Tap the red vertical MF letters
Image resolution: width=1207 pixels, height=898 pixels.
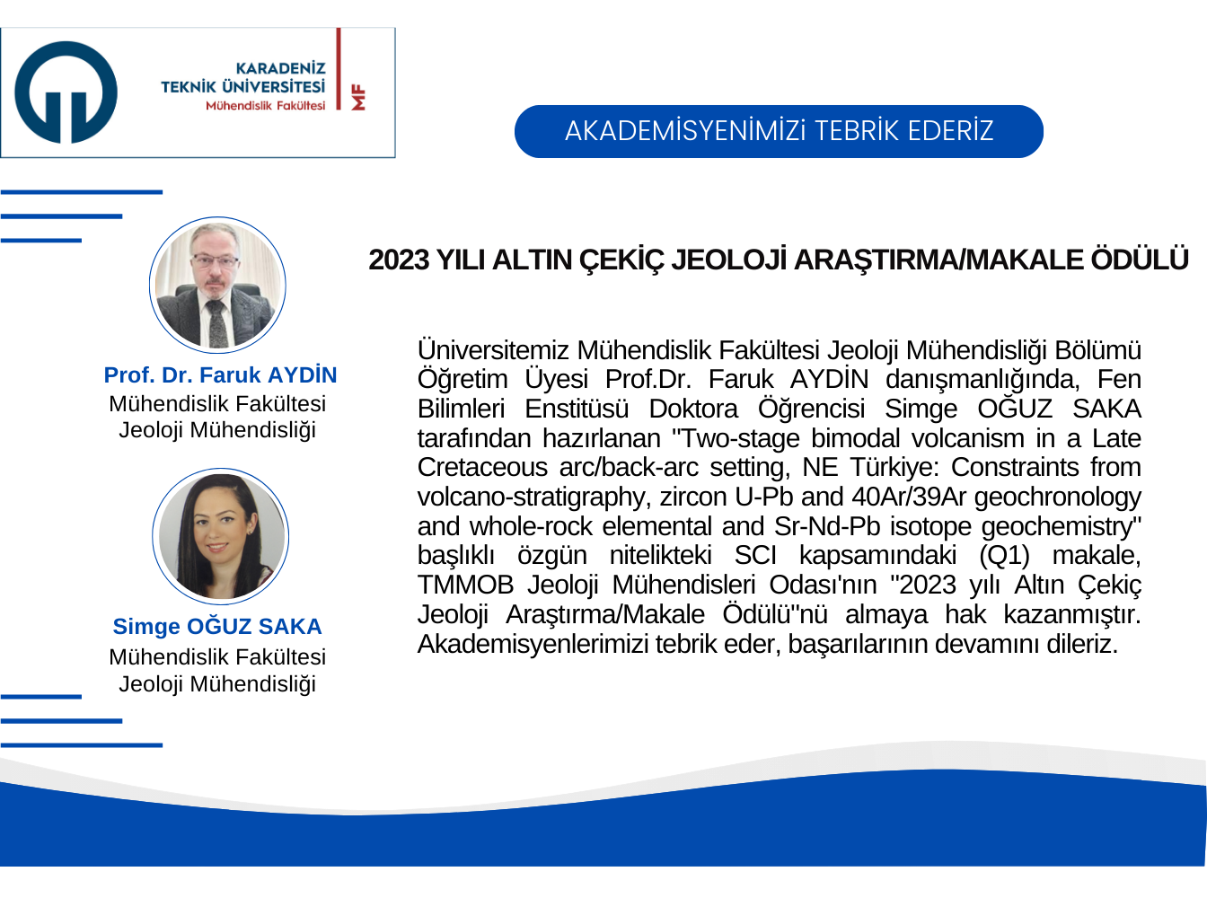tap(358, 97)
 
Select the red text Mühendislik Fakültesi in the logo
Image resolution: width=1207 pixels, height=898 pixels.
tap(265, 106)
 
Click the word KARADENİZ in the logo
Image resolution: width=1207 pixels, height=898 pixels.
tap(280, 68)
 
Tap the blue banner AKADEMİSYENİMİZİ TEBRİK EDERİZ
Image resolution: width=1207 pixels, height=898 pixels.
tap(779, 131)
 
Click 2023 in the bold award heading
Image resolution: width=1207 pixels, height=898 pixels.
tap(399, 260)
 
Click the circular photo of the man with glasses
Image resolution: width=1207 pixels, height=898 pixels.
tap(217, 285)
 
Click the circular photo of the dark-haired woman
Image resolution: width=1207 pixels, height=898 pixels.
tap(220, 536)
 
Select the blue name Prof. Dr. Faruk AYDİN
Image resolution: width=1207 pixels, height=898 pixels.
tap(220, 375)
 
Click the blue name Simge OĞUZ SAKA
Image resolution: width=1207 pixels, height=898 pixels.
tap(217, 627)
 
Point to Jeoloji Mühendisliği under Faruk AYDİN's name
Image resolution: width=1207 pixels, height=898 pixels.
tap(217, 430)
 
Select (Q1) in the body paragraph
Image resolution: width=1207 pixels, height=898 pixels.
tap(1005, 556)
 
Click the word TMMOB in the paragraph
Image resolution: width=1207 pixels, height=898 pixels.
tap(465, 585)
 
